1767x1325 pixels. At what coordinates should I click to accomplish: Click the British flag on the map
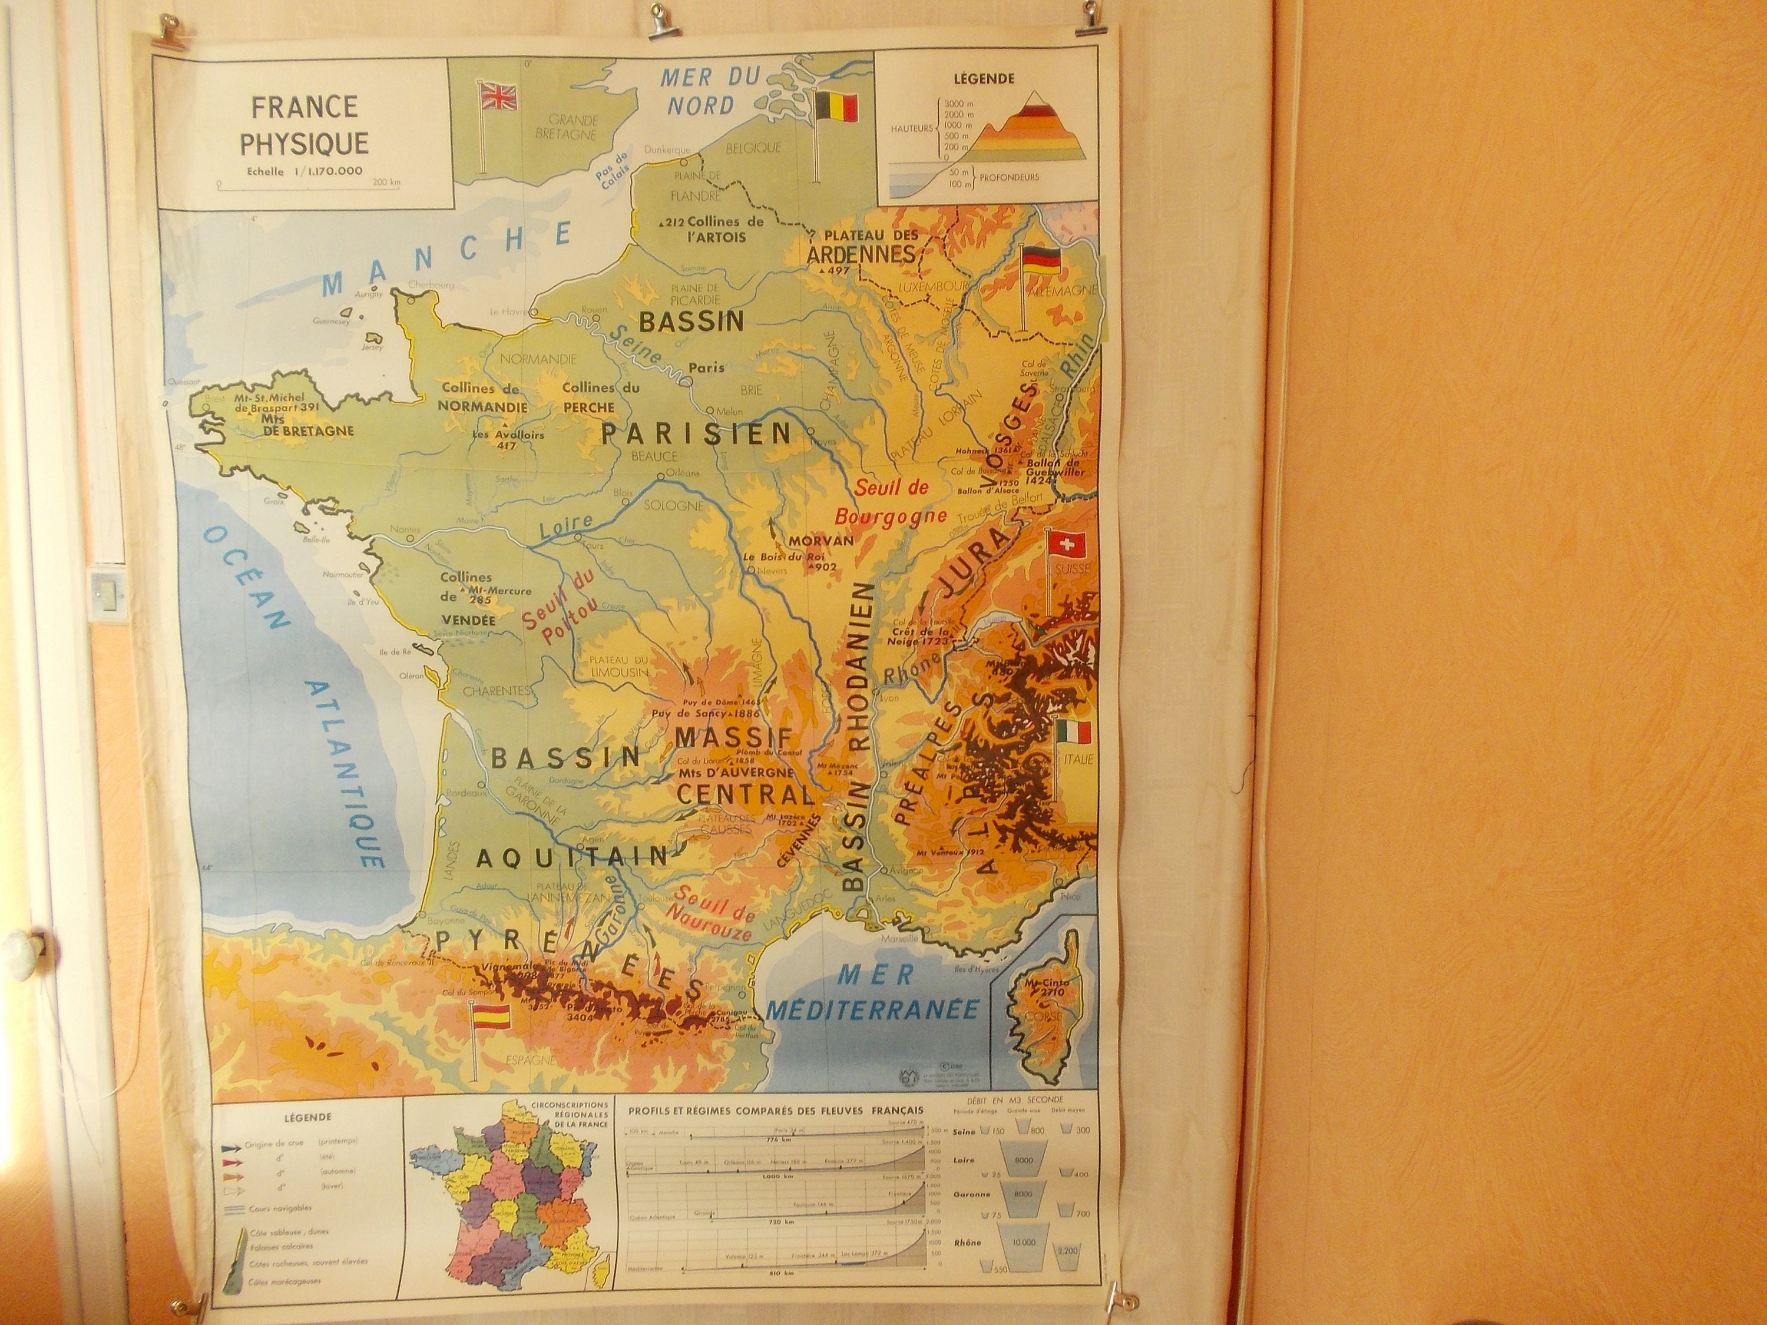point(497,97)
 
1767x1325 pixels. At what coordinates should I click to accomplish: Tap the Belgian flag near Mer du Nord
point(836,106)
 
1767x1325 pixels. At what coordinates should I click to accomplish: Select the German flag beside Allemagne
point(1041,260)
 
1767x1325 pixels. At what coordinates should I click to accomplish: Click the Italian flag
point(1073,731)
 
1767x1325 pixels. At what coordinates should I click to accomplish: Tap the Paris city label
point(706,367)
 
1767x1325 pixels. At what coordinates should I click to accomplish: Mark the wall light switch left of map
point(106,592)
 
